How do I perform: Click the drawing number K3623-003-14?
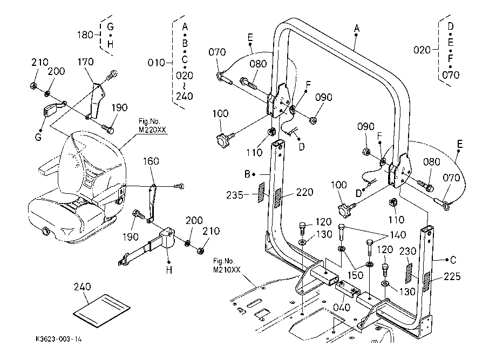58,339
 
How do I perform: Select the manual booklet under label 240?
102,311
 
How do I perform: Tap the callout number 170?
86,62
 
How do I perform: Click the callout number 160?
151,161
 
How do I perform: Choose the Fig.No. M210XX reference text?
227,266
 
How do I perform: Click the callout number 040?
342,307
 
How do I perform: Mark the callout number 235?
234,195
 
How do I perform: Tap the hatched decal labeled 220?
278,198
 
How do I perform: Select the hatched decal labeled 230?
409,273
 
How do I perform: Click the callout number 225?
452,276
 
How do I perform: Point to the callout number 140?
398,235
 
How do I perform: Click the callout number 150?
355,275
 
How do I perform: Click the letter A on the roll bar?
357,29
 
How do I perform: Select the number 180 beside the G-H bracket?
85,35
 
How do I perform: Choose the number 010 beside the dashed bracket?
157,63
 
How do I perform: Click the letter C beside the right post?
453,260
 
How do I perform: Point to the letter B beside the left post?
247,174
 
